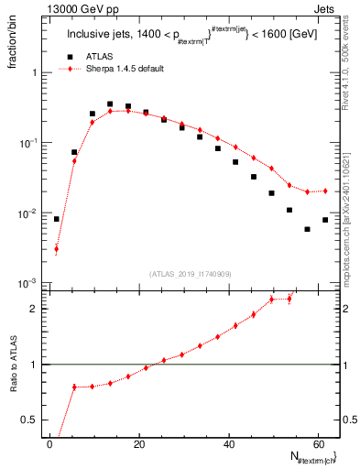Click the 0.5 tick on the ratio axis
tap(35, 420)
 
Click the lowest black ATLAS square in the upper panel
tap(307, 229)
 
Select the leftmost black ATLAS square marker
tap(57, 219)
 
